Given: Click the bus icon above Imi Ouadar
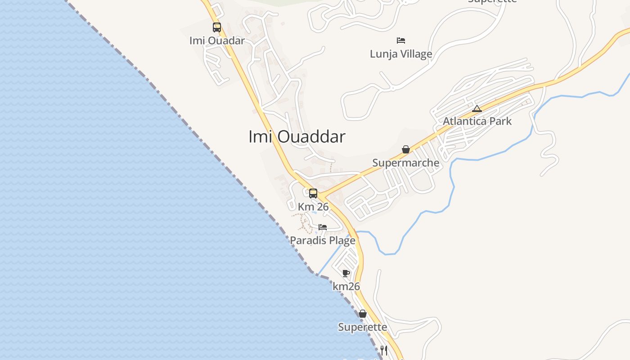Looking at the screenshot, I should coord(217,27).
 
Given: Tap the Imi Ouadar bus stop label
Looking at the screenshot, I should coord(217,40).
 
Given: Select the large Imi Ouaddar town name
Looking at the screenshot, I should coord(297,136).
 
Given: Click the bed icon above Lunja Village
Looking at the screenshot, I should coord(401,40).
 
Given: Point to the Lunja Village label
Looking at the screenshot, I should coord(401,54).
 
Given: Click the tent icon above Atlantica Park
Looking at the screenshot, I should coord(477,108).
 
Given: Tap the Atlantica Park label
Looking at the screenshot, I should coord(477,121).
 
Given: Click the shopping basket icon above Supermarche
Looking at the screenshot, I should coord(406,149).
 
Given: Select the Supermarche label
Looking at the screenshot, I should coord(406,163).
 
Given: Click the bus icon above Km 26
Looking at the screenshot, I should coord(313,193).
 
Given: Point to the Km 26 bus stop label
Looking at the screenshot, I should coord(313,207).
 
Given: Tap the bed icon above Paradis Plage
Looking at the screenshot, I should coord(323,227).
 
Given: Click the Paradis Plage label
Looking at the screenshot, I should coord(323,241).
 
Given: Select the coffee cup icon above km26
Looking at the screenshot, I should coord(346,273).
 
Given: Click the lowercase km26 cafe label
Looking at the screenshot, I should coord(346,286).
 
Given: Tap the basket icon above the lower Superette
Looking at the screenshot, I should coord(363,314).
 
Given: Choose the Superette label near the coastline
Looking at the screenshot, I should coord(363,327).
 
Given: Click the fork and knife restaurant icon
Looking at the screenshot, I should coord(384,350).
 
